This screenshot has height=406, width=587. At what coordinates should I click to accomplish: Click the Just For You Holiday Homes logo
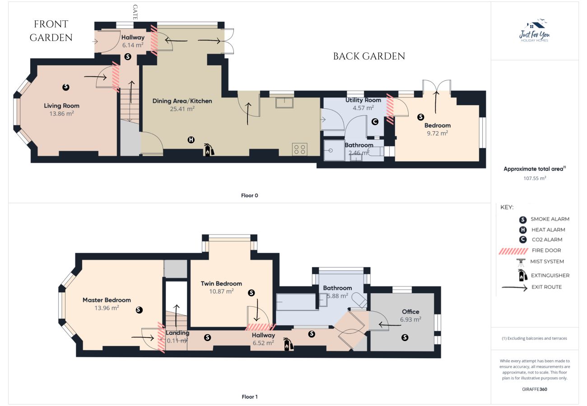point(535,32)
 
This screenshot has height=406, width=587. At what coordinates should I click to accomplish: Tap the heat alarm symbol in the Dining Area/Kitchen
point(191,140)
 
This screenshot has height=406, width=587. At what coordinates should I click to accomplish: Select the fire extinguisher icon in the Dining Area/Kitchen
point(209,149)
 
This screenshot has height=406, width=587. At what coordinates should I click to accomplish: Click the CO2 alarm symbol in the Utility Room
point(374,121)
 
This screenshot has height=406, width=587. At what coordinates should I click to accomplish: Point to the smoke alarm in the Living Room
point(65,86)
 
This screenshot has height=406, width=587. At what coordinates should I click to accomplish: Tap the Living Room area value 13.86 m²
point(61,114)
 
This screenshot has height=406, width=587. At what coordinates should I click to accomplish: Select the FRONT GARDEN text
point(51,31)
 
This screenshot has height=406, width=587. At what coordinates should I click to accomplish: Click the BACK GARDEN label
point(369,56)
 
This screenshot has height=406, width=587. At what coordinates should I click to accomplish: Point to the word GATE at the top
point(135,12)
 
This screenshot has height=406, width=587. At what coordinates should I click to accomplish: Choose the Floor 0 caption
point(249,195)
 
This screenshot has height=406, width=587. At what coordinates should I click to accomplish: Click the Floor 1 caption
point(249,397)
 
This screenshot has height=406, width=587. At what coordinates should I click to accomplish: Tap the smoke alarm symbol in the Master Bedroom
point(139,310)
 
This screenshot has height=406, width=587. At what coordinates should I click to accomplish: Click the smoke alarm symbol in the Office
point(405,337)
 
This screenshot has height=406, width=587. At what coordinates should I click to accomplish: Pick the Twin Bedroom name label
point(221,284)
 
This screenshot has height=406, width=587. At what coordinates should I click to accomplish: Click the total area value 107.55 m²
point(535,178)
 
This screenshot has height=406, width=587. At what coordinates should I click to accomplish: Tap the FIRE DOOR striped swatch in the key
point(513,251)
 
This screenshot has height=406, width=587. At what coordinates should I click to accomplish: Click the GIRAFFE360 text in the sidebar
point(535,389)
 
